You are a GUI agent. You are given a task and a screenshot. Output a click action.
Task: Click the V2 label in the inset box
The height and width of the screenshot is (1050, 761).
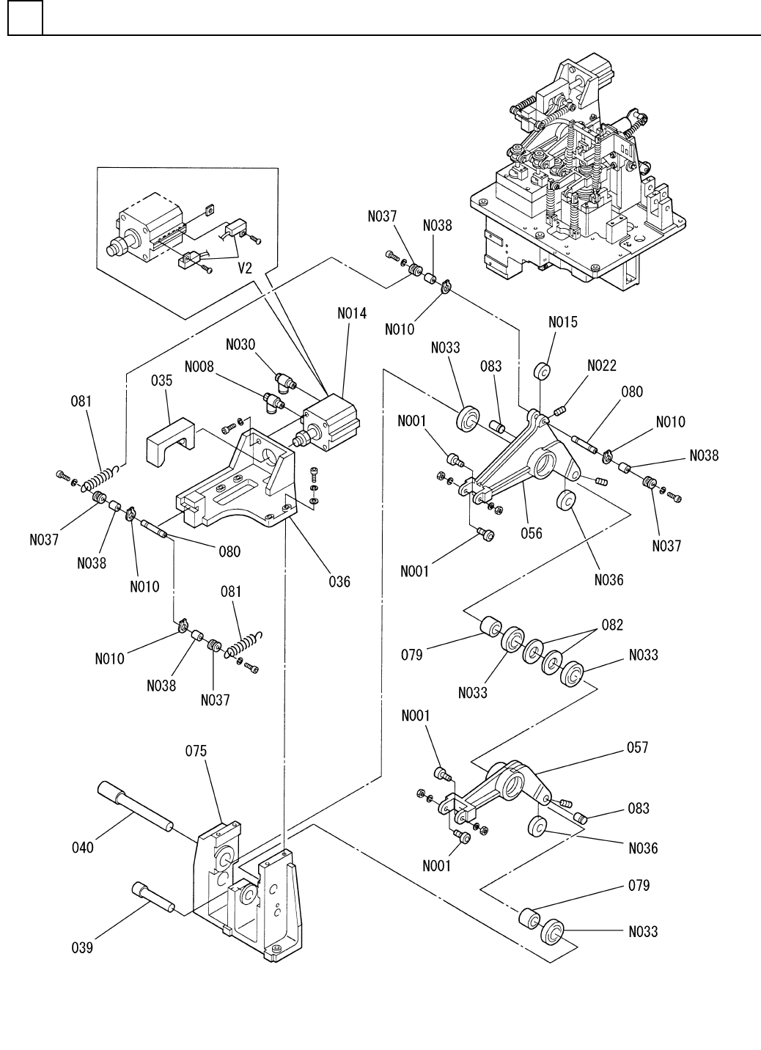click(245, 268)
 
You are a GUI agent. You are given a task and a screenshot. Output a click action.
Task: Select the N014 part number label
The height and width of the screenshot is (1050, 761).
click(352, 313)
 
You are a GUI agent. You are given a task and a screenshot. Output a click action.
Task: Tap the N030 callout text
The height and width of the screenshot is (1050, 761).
click(241, 345)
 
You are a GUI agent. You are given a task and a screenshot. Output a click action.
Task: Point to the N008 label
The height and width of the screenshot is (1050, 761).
click(199, 366)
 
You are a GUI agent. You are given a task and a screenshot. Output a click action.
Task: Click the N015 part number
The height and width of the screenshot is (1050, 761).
click(563, 323)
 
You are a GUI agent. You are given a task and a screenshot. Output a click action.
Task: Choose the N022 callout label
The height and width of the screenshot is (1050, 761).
click(602, 366)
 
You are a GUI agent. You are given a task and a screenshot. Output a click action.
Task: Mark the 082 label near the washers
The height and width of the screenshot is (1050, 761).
click(613, 625)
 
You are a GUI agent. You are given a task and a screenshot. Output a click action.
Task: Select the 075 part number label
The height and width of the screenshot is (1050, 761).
click(196, 752)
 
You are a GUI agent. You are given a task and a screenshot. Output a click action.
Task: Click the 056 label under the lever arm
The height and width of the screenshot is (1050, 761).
click(532, 533)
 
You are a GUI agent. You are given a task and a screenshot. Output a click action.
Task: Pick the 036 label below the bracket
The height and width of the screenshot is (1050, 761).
click(339, 581)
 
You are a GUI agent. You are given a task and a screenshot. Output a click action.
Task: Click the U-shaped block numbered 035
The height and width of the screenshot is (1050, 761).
click(171, 442)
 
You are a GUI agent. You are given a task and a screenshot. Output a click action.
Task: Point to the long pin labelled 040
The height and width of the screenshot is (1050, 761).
click(132, 806)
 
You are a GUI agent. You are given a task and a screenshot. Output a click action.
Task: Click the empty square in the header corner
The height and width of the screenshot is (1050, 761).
click(25, 18)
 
